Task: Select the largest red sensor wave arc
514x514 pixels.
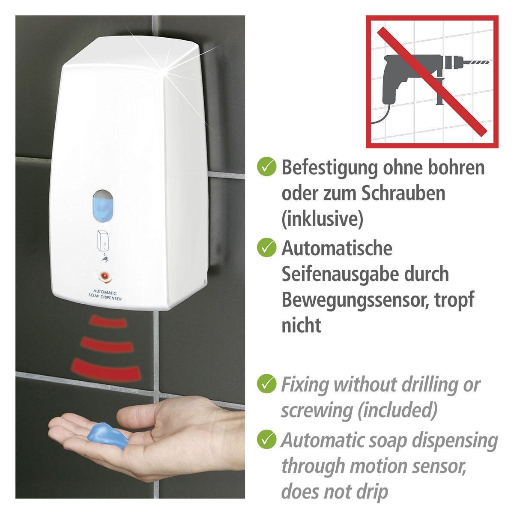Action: click(x=106, y=369)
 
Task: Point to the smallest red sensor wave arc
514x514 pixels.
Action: click(x=108, y=321)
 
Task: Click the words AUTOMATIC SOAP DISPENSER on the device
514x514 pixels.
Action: click(x=105, y=296)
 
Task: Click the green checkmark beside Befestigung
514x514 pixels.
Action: click(x=266, y=166)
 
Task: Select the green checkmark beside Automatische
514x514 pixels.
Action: click(x=266, y=247)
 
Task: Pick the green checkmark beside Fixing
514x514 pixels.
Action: click(x=266, y=383)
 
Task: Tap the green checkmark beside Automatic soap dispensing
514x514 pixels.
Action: click(x=266, y=439)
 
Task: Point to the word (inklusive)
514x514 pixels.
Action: click(x=323, y=219)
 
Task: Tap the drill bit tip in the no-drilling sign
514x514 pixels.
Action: click(x=489, y=63)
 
